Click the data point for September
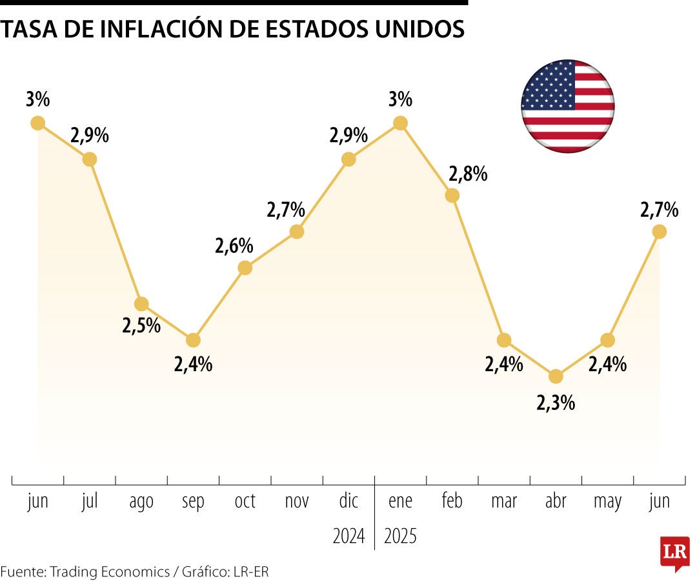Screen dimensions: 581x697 point(193,340)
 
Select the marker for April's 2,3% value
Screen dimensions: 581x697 point(556,376)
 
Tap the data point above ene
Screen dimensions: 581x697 point(400,123)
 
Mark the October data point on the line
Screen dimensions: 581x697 point(245,267)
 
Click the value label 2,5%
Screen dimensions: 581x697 point(141,325)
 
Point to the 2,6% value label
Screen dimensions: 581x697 point(234,246)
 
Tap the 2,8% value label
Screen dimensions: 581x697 point(468,174)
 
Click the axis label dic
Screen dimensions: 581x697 point(348,501)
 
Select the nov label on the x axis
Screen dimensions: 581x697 point(297,501)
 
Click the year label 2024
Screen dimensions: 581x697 point(348,536)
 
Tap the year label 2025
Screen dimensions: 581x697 point(400,536)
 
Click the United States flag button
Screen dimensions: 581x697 point(568,106)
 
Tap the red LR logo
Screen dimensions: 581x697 point(674,553)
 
